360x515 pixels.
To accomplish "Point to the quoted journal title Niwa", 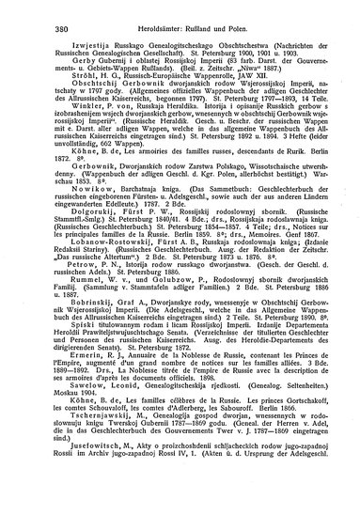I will click(x=257, y=83).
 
